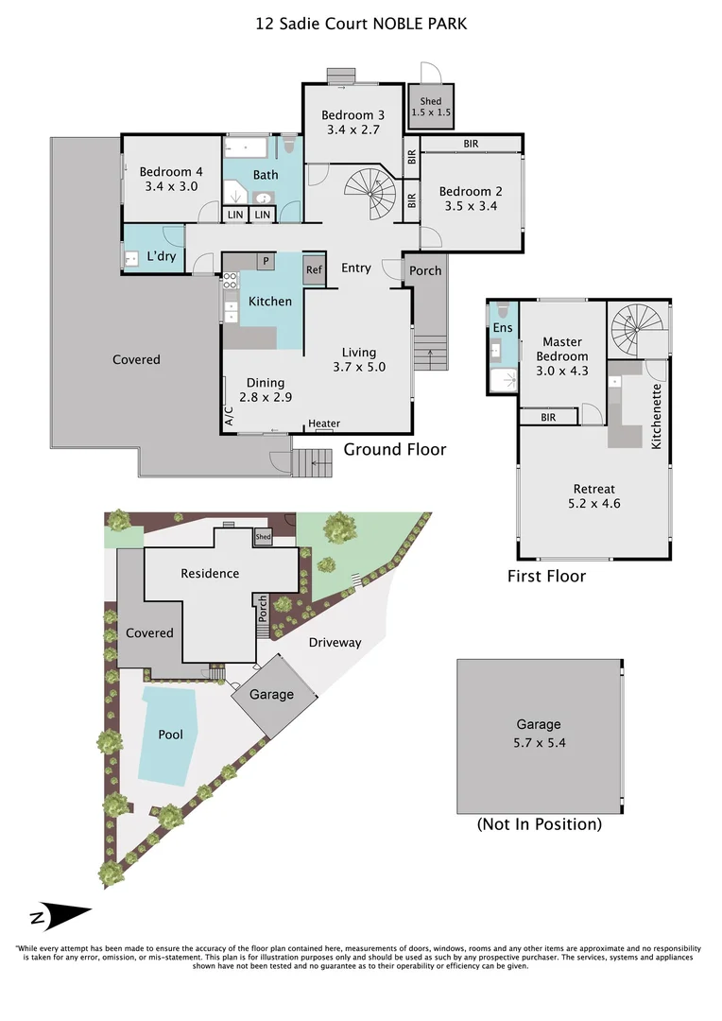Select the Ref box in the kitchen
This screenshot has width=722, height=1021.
(314, 270)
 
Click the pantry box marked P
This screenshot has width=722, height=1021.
(266, 261)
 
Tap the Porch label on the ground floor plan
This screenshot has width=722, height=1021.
(425, 270)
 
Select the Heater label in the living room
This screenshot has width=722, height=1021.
(324, 424)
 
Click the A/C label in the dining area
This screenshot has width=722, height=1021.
(228, 417)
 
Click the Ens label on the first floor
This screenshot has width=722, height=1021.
(503, 328)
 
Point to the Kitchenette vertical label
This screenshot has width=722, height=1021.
(656, 416)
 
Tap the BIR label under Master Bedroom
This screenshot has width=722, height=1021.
(548, 416)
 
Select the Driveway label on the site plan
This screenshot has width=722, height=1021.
(335, 643)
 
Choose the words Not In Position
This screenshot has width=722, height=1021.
(540, 824)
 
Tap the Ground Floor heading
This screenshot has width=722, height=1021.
(394, 450)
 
